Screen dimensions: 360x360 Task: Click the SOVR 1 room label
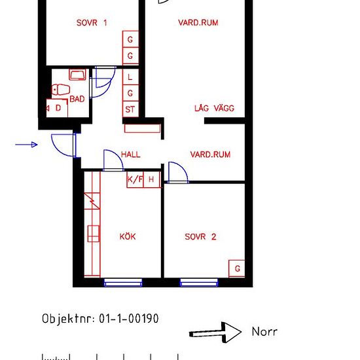[x=92, y=23]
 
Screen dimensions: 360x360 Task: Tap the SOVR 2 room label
[x=200, y=237]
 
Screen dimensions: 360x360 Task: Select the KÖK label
[x=128, y=236]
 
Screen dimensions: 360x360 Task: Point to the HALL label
[x=130, y=154]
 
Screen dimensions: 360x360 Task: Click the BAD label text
[x=77, y=99]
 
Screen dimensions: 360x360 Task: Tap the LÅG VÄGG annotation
[x=214, y=108]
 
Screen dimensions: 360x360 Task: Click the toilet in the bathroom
[x=61, y=90]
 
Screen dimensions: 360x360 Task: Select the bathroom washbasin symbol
[x=78, y=75]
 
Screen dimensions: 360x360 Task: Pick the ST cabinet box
[x=130, y=109]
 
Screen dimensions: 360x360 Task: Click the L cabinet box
[x=130, y=77]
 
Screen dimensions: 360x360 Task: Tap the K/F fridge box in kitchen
[x=135, y=179]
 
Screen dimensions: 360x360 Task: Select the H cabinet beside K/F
[x=152, y=179]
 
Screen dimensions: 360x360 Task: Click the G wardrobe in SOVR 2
[x=237, y=268]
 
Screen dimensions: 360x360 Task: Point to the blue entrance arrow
[x=26, y=145]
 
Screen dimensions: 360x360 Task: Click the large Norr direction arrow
[x=215, y=333]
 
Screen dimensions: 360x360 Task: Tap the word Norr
[x=264, y=332]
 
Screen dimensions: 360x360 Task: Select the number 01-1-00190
[x=129, y=319]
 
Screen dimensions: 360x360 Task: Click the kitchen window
[x=123, y=283]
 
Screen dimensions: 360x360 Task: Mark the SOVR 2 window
[x=199, y=283]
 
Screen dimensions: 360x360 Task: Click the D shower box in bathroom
[x=57, y=108]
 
